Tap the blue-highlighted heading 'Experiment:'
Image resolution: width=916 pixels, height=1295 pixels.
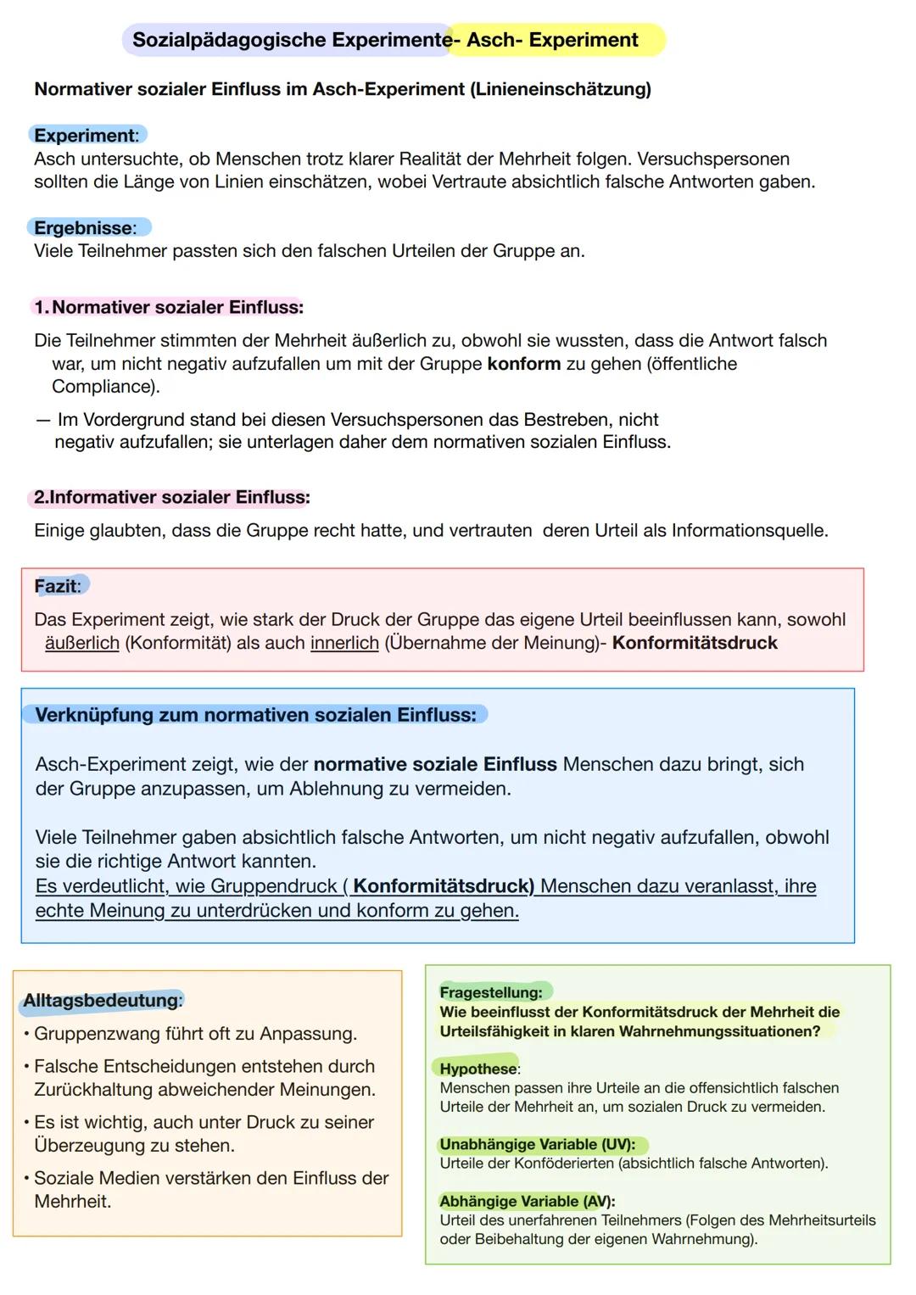(86, 136)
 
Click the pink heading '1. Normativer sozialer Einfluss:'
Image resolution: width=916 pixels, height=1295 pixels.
(169, 307)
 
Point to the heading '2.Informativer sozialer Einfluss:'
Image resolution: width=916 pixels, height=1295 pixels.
(172, 498)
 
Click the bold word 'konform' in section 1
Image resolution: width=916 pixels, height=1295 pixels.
(524, 364)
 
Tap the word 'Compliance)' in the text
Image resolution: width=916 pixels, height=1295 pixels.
(105, 387)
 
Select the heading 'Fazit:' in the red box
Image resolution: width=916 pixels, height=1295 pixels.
(58, 586)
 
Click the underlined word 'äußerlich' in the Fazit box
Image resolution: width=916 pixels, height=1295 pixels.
(82, 643)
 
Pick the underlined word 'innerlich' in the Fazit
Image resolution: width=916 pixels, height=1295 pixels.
(344, 643)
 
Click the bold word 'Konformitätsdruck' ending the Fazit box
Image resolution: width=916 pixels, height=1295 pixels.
(695, 643)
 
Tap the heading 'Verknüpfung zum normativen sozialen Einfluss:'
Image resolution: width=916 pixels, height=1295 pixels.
(255, 715)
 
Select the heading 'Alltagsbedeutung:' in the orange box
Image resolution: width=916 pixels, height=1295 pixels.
(103, 1001)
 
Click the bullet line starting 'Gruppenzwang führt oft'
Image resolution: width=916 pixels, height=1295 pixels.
(195, 1034)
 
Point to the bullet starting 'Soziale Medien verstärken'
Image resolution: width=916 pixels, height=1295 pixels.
(210, 1178)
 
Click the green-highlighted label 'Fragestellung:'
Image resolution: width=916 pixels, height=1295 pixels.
(491, 992)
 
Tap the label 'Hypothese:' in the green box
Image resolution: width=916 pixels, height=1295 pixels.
(479, 1069)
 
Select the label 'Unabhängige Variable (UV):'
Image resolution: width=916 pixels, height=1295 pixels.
(537, 1144)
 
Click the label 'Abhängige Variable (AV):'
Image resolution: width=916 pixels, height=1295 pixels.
(527, 1201)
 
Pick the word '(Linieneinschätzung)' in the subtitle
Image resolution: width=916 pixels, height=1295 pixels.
(560, 89)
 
